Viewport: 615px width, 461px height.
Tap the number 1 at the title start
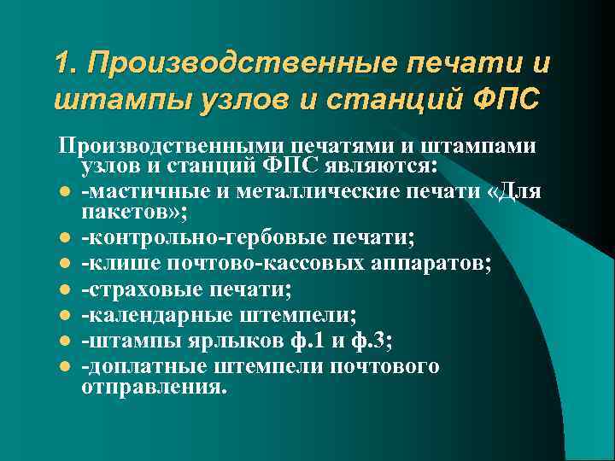point(61,64)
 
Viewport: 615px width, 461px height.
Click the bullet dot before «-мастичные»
point(65,190)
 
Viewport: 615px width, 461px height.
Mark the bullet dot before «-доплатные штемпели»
point(65,367)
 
